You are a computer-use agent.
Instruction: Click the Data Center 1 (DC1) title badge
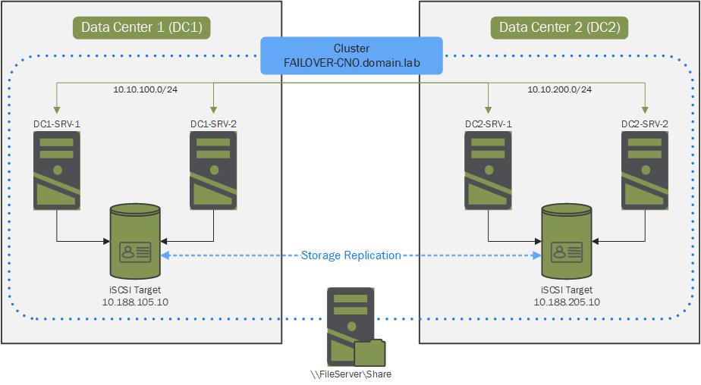141,28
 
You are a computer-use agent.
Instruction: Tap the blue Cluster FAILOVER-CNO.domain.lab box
351,55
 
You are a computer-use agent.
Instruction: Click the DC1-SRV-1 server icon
57,170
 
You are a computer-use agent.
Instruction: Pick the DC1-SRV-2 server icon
214,170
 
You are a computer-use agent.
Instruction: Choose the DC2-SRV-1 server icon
488,170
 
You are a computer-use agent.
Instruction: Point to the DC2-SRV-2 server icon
645,170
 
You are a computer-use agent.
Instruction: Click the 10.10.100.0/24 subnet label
146,90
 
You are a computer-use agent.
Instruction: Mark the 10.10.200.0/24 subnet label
560,90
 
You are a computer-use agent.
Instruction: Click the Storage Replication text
350,255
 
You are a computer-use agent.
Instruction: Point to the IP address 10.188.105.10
136,302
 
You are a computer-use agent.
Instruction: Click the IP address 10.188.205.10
567,302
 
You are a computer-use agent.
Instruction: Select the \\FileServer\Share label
351,374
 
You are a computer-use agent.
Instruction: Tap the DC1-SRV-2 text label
214,124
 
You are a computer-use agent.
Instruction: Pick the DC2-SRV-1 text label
488,124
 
